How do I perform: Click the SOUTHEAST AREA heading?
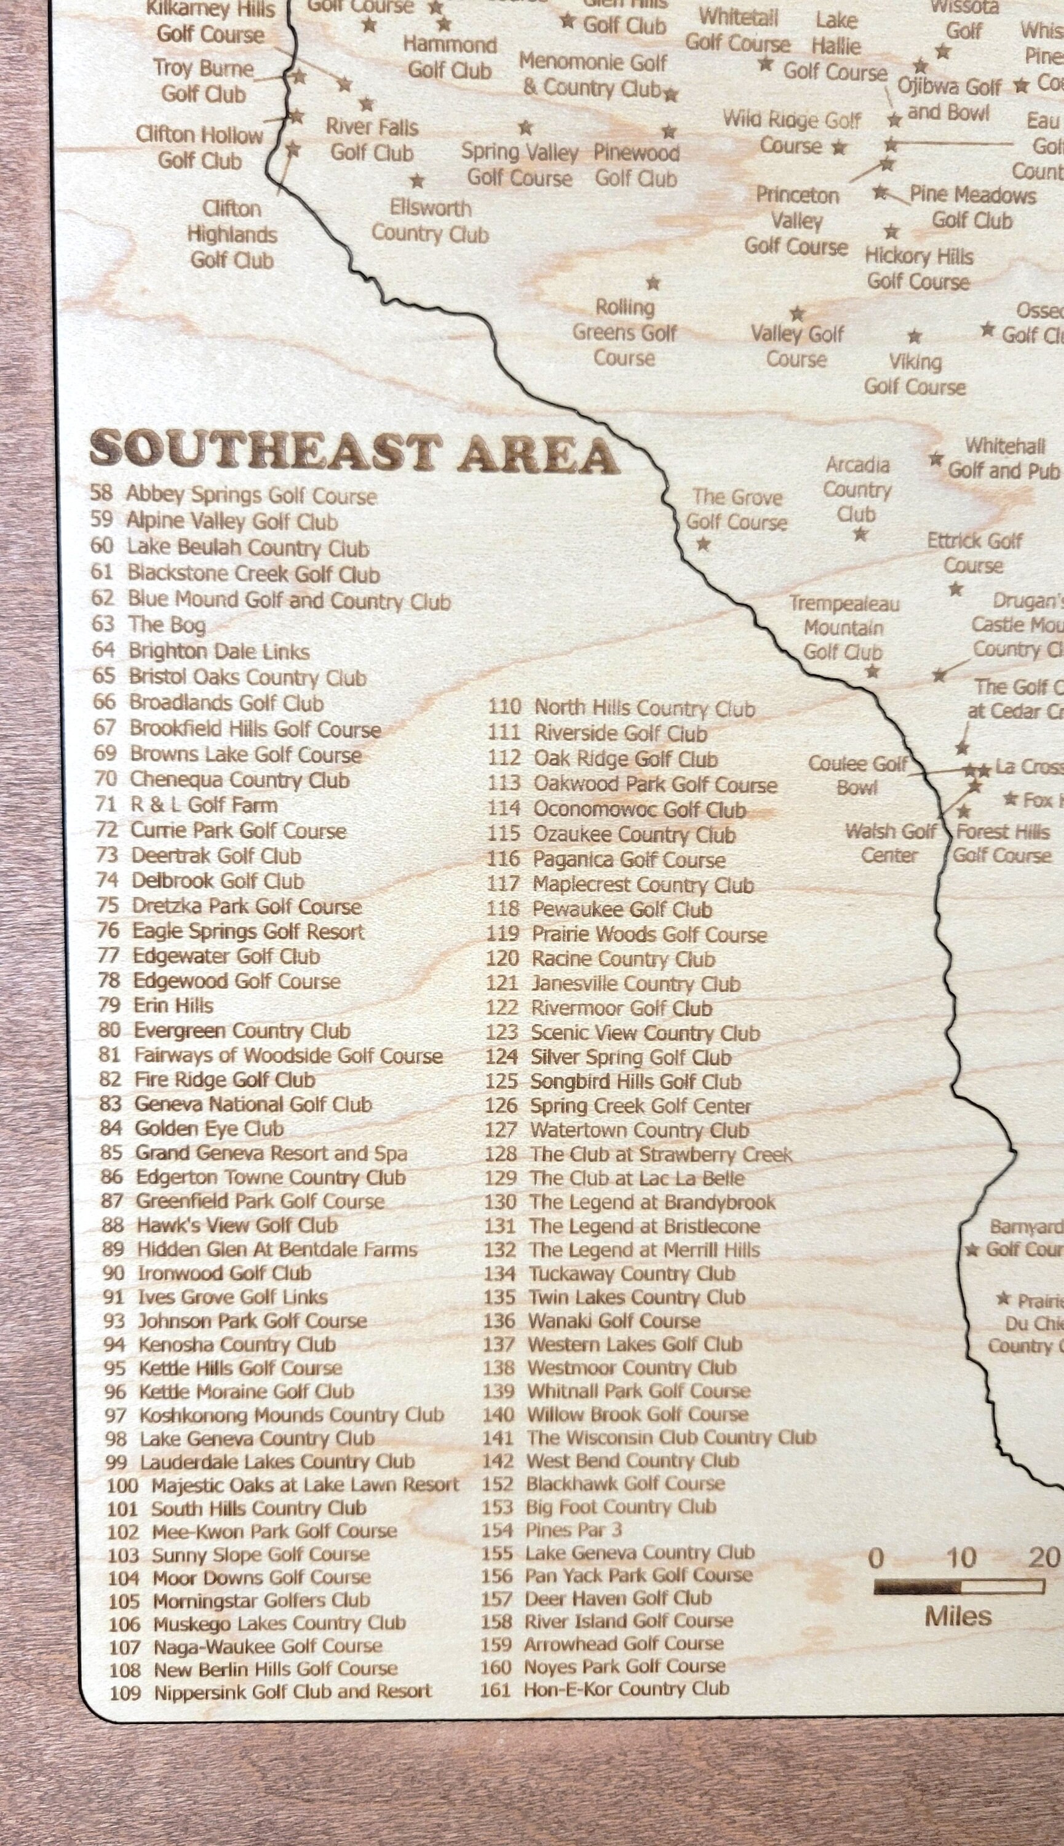354,452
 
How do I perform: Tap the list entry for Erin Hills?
173,1006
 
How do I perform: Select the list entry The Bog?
167,625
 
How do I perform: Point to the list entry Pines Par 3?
574,1530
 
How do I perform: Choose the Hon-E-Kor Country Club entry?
625,1689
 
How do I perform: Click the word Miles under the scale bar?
958,1616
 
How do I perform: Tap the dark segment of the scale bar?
917,1586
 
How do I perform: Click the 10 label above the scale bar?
961,1559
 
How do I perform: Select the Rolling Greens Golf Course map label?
624,333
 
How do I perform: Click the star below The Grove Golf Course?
703,545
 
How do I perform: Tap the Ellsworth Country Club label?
430,221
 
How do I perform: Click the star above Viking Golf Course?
914,337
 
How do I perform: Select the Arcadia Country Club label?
857,490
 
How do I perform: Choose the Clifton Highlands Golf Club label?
232,234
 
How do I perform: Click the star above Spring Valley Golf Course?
525,129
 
